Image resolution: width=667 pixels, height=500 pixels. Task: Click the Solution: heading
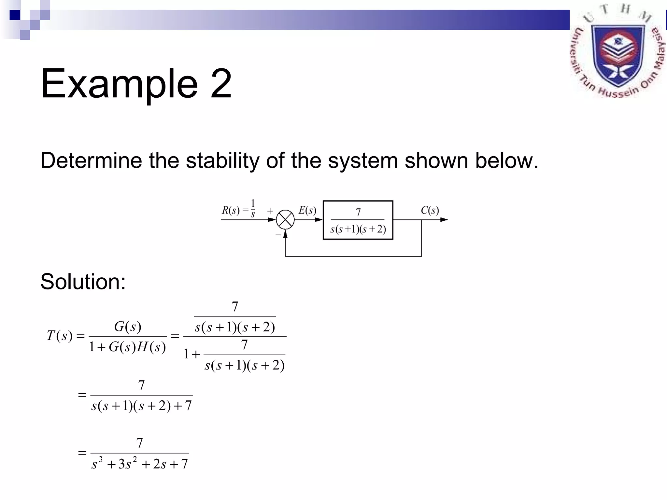(x=83, y=282)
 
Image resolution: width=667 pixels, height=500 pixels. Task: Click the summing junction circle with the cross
(x=285, y=220)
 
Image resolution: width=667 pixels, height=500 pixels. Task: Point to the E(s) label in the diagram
(x=307, y=210)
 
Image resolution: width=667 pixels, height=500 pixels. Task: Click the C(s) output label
(x=430, y=210)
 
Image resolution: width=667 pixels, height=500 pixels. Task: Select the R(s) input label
(x=231, y=210)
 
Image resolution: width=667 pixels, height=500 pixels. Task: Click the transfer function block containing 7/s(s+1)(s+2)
(x=358, y=220)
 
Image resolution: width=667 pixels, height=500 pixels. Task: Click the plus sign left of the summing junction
(x=270, y=211)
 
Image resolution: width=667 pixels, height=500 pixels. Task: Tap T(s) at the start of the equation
(x=59, y=336)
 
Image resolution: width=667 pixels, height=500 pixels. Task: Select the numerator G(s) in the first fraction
(x=127, y=326)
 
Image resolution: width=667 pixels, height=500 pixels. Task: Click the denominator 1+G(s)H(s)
(x=127, y=347)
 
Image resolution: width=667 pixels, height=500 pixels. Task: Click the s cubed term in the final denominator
(x=97, y=463)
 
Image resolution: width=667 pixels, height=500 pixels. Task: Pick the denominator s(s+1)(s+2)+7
(x=141, y=406)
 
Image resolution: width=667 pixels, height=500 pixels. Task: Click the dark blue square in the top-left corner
(x=15, y=15)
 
